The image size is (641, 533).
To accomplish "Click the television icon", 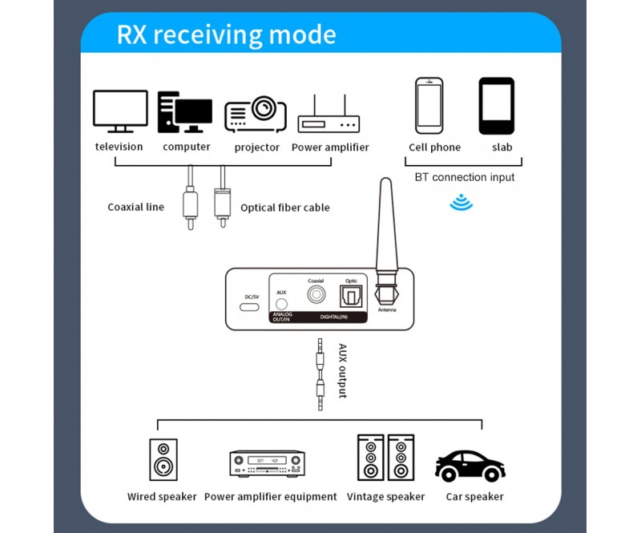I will (x=120, y=111).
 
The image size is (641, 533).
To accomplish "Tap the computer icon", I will (x=184, y=112).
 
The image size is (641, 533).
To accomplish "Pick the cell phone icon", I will (x=429, y=105).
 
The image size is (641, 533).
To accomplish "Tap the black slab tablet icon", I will (x=497, y=105).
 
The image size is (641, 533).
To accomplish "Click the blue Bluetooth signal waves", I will (x=461, y=202).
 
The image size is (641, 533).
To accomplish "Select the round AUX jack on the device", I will (x=281, y=305).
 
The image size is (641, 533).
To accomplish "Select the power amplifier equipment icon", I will (x=268, y=462).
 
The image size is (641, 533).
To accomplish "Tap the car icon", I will (x=470, y=464).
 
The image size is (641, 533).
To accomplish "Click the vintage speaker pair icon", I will (x=386, y=458).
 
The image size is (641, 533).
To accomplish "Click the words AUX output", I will (x=341, y=371).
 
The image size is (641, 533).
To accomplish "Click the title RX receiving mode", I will (x=226, y=34).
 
